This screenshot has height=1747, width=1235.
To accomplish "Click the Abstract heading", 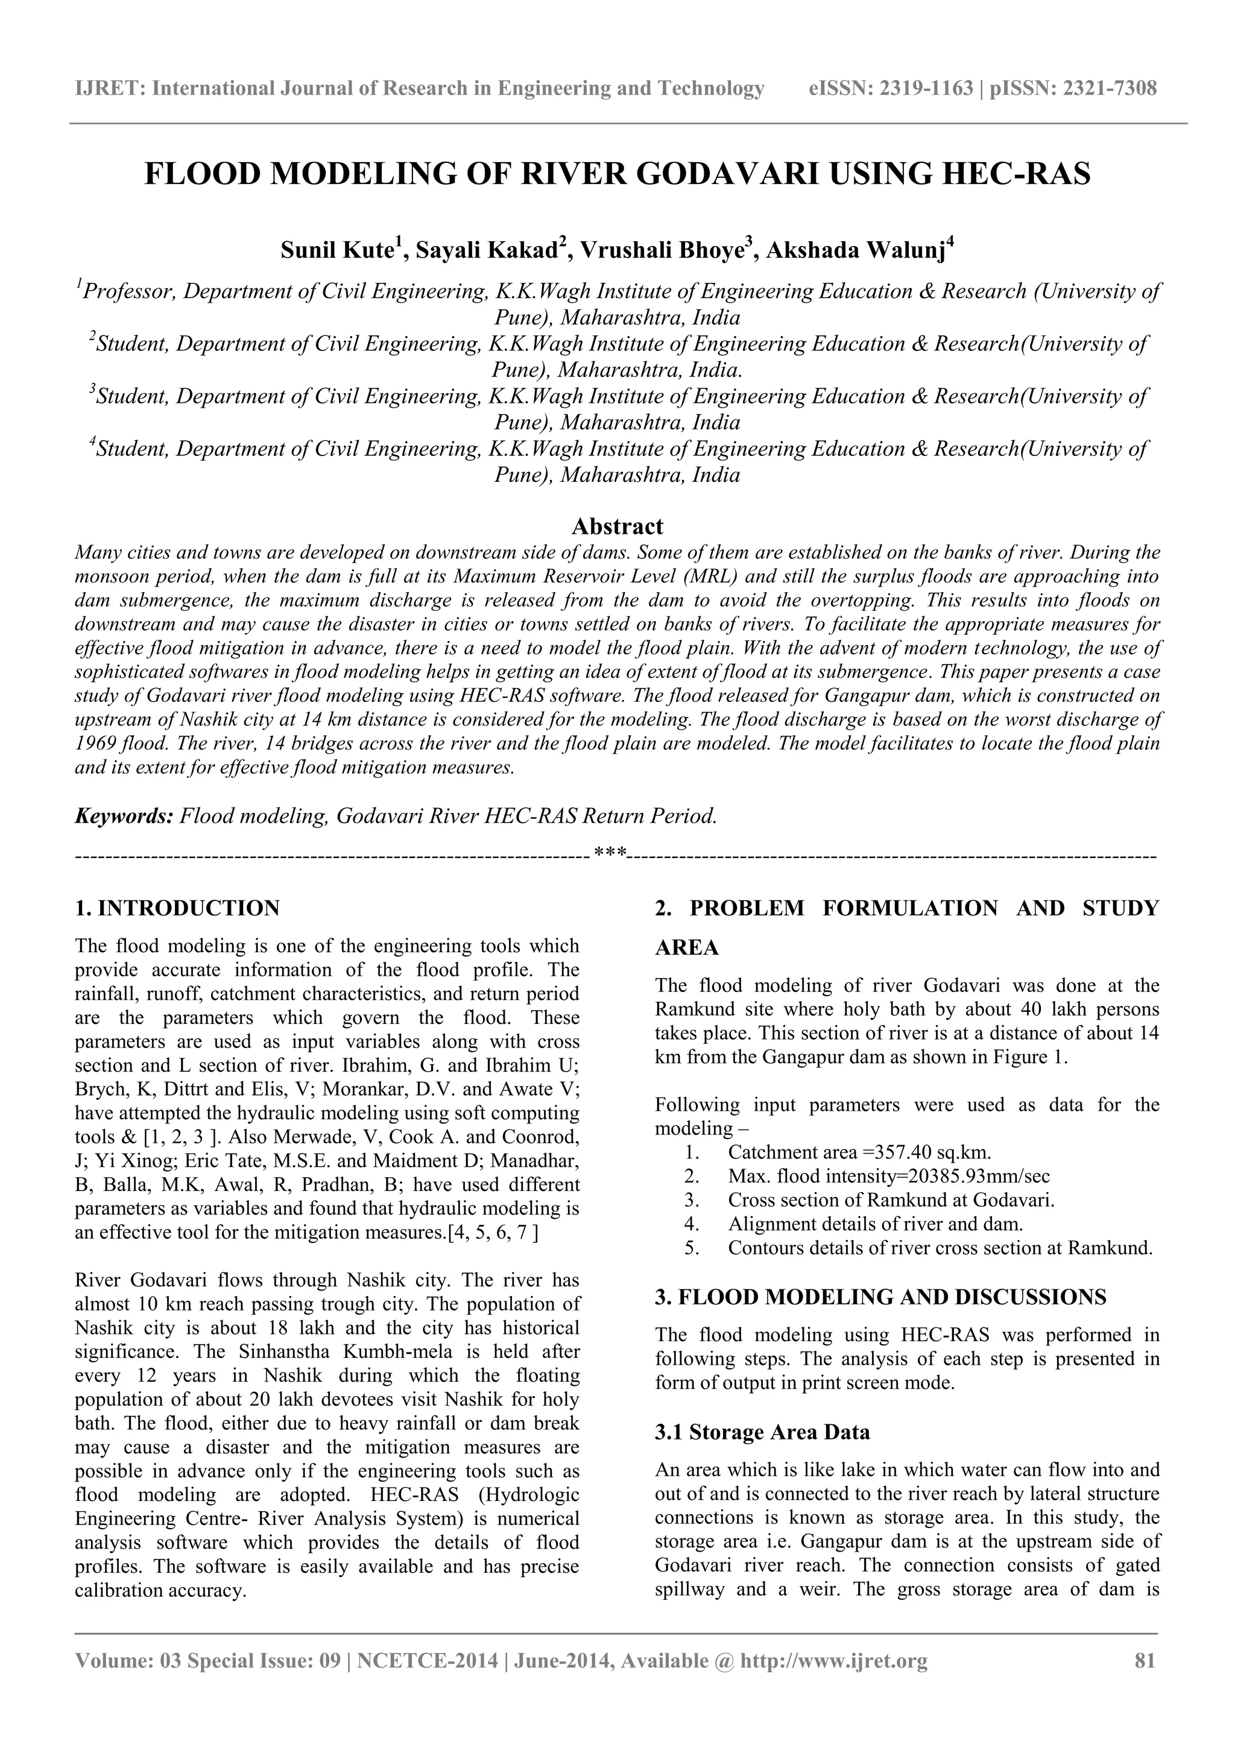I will coord(617,526).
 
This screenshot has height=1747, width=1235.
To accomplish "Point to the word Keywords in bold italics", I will coord(123,817).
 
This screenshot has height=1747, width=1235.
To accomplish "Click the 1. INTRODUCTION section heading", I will coord(177,908).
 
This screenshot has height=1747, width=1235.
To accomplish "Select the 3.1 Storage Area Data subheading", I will coord(762,1432).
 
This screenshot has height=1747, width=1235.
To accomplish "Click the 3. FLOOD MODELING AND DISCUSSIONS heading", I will coord(880,1297).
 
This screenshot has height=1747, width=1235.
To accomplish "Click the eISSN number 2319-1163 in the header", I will coord(926,89).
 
